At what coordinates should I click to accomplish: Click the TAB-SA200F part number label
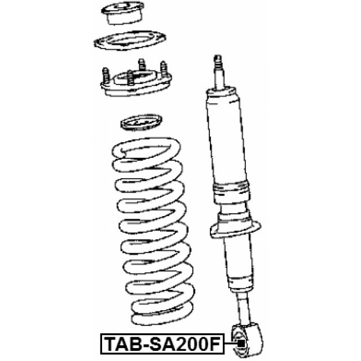point(162,344)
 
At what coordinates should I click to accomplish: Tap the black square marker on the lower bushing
point(241,344)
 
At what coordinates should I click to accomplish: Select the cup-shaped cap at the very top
point(123,12)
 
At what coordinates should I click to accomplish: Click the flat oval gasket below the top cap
point(130,41)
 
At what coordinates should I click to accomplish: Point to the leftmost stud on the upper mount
point(105,76)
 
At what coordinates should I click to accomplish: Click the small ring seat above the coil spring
point(142,122)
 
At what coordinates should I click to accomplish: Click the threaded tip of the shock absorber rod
point(218,61)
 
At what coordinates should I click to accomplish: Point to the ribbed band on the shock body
point(231,189)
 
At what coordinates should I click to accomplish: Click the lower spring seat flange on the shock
point(235,230)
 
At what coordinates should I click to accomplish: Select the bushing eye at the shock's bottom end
point(247,340)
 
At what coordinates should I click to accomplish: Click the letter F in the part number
point(216,344)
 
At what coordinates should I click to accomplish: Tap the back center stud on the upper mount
point(142,65)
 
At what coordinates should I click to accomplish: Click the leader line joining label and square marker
point(231,344)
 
